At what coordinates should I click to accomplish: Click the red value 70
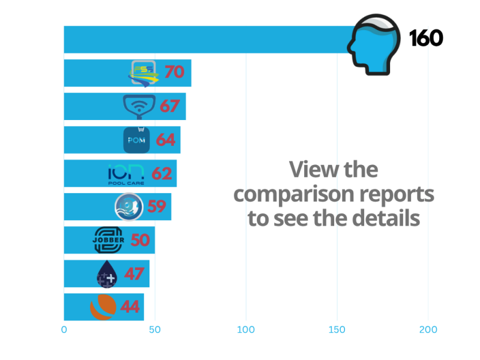[x=174, y=73]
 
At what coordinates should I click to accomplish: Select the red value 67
[x=170, y=106]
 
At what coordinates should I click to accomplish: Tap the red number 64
[x=166, y=140]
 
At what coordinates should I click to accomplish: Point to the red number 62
[x=161, y=173]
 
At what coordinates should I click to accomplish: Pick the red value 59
[x=156, y=207]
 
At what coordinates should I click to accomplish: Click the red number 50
[x=139, y=240]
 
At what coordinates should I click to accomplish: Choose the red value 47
[x=134, y=274]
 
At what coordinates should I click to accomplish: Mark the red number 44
[x=130, y=307]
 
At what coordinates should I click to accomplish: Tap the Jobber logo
[x=109, y=240]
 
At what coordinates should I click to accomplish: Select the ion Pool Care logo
[x=126, y=173]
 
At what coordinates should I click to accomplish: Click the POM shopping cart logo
[x=136, y=140]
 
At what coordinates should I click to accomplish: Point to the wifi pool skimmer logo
[x=139, y=106]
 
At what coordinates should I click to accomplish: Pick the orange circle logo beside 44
[x=103, y=307]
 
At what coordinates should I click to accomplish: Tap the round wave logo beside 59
[x=129, y=207]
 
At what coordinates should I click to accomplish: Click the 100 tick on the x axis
[x=246, y=329]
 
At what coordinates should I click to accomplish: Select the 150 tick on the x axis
[x=337, y=329]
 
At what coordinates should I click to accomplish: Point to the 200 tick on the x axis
[x=428, y=329]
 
